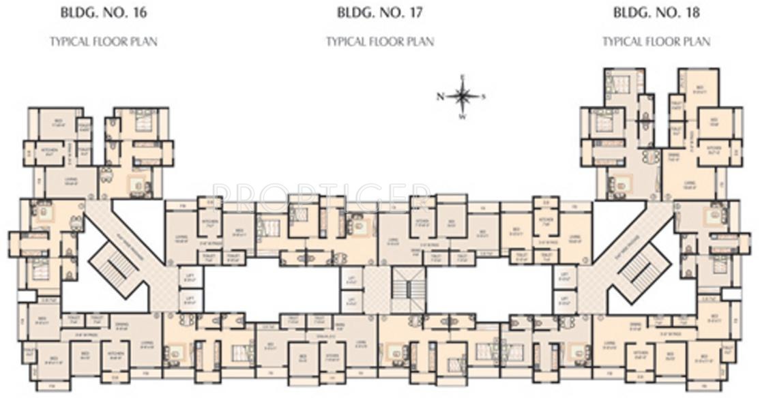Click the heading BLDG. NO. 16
coord(103,12)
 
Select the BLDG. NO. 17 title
coord(379,12)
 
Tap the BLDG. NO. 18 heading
coord(656,12)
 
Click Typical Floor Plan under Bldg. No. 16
coord(103,42)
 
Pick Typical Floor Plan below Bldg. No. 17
coord(379,42)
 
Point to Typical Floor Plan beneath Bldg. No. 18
coord(656,42)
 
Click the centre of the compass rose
coord(463,96)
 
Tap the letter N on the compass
coord(441,96)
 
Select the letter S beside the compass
coord(484,96)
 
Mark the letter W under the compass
coord(463,117)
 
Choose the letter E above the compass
coord(463,77)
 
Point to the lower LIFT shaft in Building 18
coord(564,300)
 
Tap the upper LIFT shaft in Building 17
coord(351,279)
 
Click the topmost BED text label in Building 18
coord(699,88)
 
